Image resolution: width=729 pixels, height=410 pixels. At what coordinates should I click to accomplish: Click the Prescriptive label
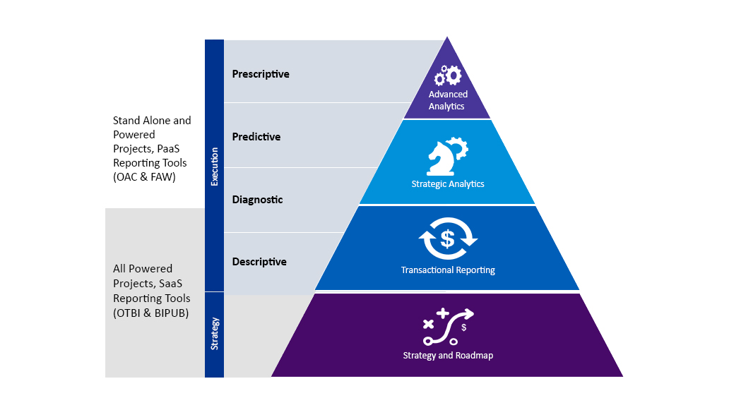(x=261, y=74)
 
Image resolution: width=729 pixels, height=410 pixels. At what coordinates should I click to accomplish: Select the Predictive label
(x=256, y=137)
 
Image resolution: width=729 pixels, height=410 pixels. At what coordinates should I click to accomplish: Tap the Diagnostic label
(x=257, y=200)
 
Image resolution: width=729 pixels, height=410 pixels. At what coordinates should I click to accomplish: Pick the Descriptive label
(x=259, y=262)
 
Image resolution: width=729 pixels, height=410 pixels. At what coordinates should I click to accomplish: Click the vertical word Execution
(x=214, y=167)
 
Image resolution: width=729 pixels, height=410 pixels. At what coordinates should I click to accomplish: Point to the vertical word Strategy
(x=214, y=334)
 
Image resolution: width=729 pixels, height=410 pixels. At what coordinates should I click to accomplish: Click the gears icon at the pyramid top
(x=448, y=75)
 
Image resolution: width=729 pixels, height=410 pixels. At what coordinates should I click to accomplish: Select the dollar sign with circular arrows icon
(x=448, y=239)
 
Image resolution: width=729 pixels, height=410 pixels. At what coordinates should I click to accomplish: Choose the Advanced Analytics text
(x=448, y=100)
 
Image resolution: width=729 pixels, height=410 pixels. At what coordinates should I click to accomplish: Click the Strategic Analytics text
(x=448, y=184)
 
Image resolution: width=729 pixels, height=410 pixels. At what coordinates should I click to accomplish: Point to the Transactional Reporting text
(x=448, y=270)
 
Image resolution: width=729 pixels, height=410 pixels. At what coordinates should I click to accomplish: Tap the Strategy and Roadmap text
(x=448, y=356)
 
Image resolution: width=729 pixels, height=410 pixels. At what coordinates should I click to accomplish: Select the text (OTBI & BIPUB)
(x=150, y=313)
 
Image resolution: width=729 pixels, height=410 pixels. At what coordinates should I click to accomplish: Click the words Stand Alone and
(x=152, y=121)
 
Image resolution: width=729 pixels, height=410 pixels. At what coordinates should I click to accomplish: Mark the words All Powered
(x=143, y=269)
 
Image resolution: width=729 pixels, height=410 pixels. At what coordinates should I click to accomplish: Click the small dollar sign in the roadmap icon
(x=463, y=327)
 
